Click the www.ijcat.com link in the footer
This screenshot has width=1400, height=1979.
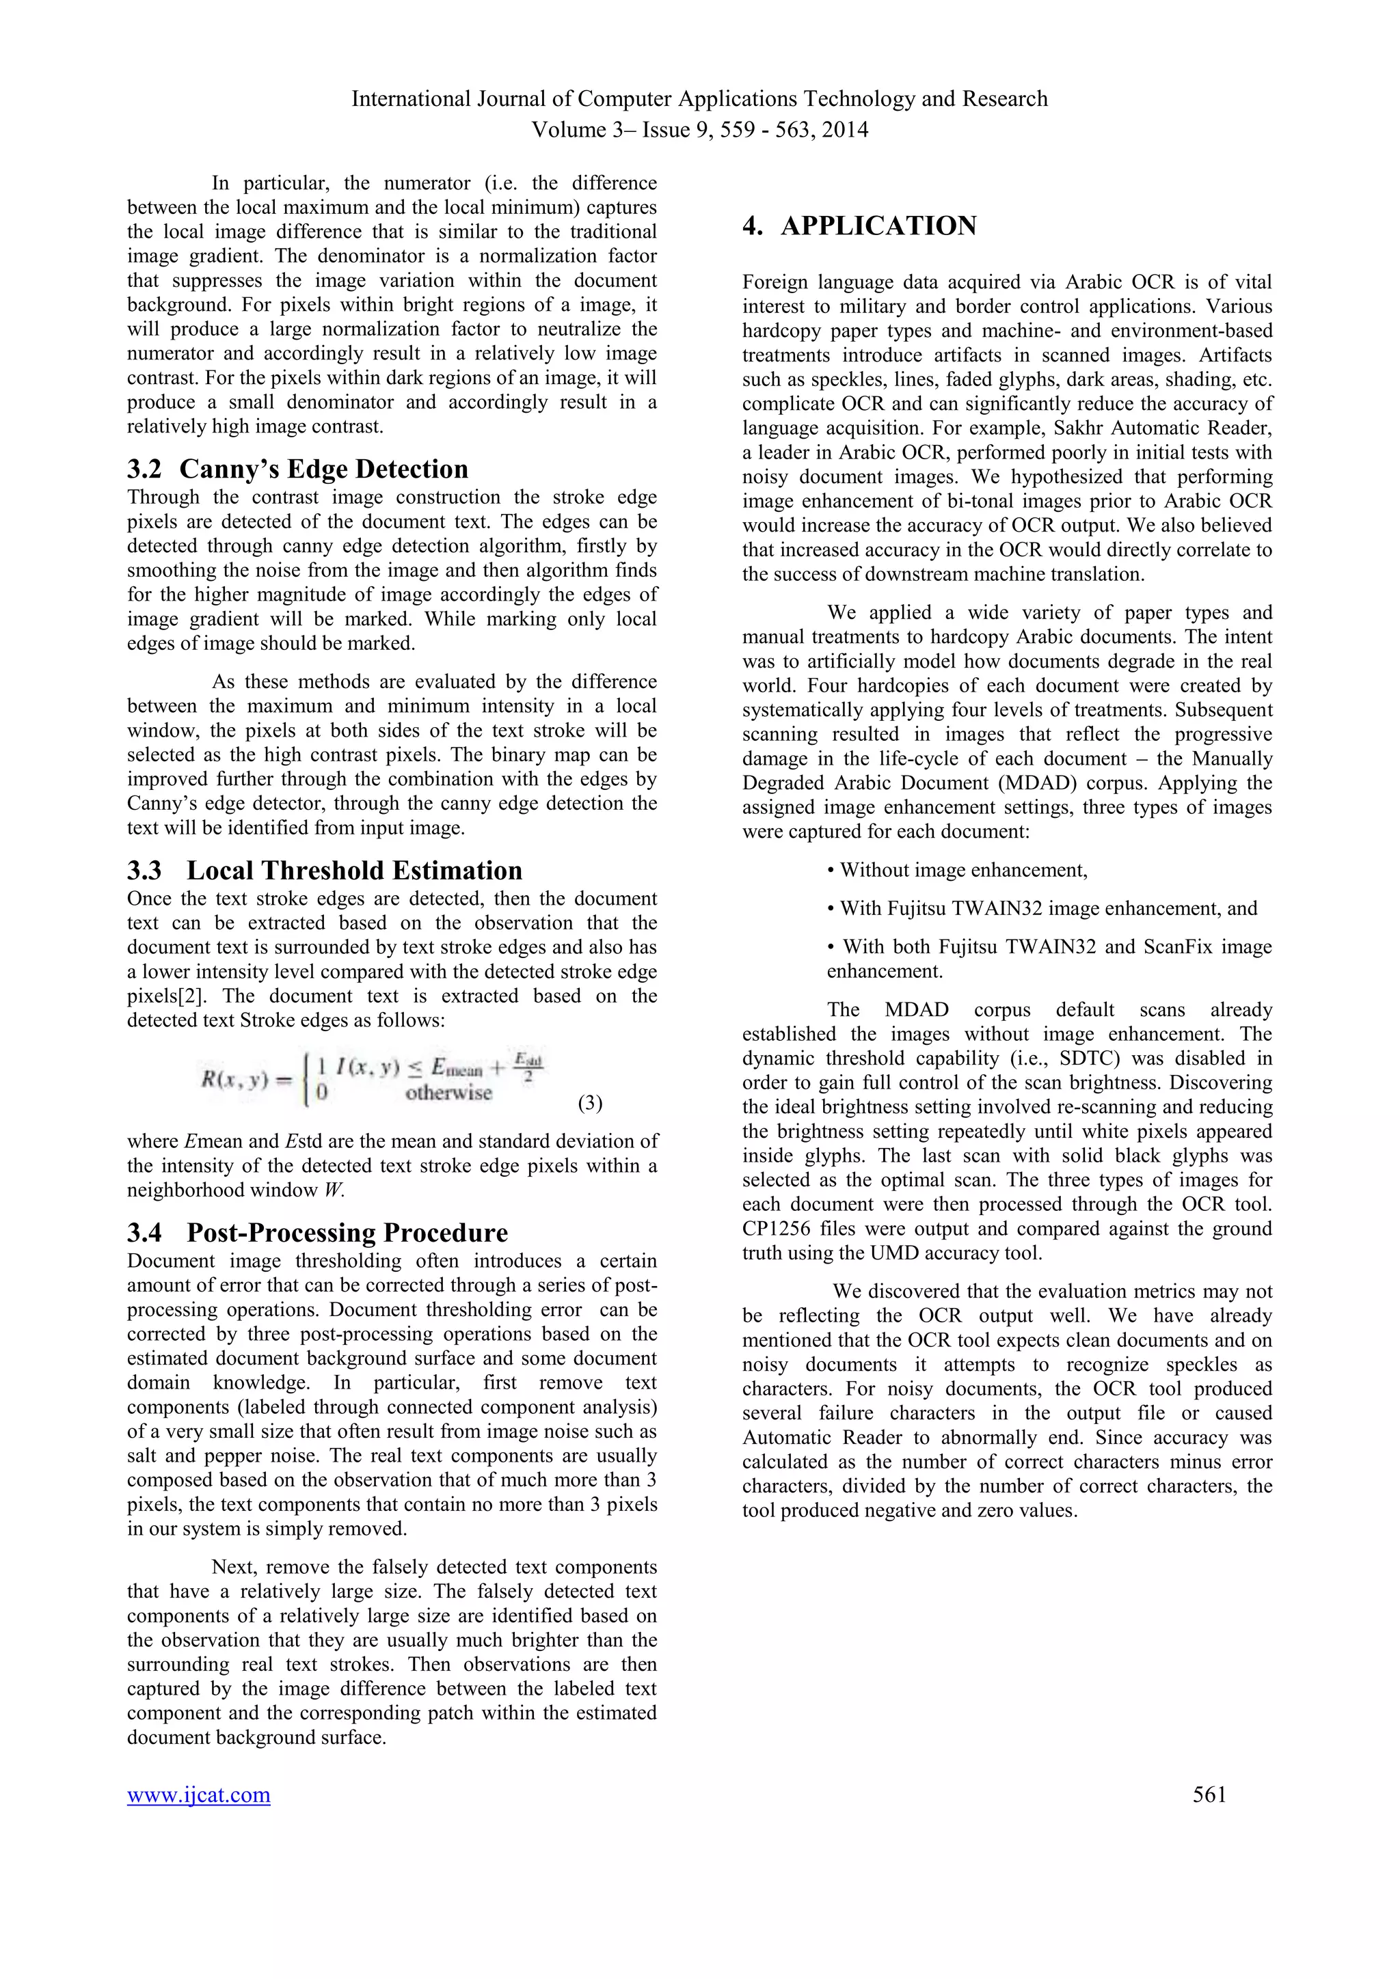[198, 1794]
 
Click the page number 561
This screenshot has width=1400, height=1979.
[1209, 1794]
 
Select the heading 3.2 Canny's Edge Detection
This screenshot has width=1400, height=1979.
[297, 469]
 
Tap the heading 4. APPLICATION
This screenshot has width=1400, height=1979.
[859, 226]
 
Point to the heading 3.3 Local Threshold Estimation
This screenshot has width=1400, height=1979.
[325, 871]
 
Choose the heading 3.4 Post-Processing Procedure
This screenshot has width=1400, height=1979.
[317, 1233]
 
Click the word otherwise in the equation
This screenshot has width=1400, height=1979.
[448, 1093]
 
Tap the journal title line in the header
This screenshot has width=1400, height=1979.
[699, 99]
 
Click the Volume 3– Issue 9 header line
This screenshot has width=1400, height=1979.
[699, 130]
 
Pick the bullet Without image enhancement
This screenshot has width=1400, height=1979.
[957, 871]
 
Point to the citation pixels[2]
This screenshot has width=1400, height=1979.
[169, 996]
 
